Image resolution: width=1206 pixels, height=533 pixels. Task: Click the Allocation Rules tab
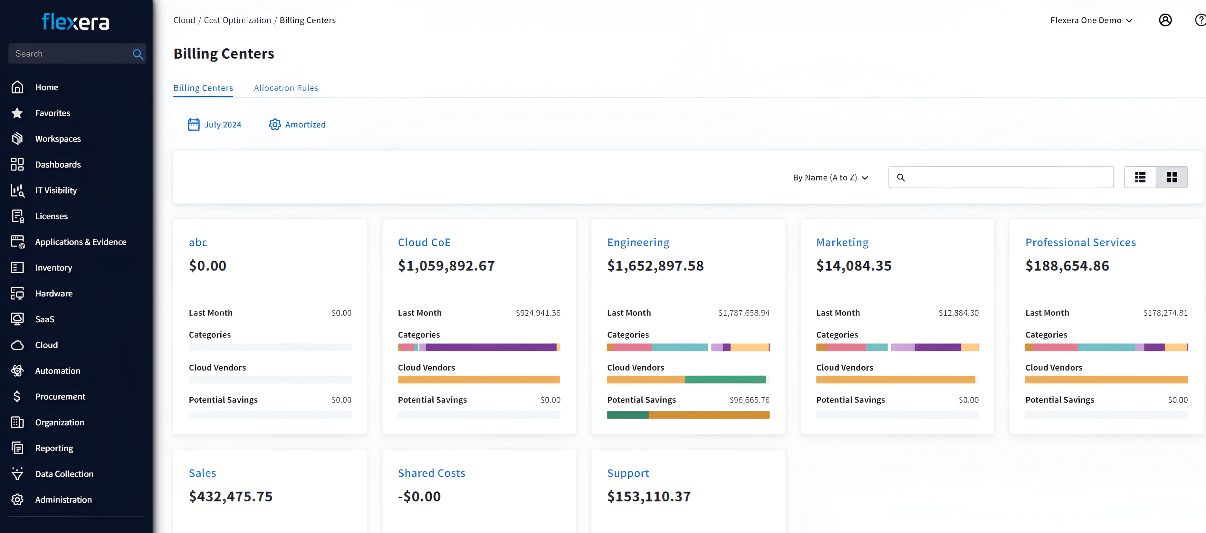[x=286, y=88]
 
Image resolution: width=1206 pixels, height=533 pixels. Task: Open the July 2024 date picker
[x=215, y=125]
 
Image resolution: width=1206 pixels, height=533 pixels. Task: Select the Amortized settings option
[x=297, y=125]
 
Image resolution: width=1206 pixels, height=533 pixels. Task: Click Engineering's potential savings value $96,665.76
[x=749, y=400]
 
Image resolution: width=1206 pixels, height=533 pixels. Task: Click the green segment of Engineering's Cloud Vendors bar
[x=725, y=379]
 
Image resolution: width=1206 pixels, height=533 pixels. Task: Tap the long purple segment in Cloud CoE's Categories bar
[x=491, y=347]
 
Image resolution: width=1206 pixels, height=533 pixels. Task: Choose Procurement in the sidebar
[x=60, y=397]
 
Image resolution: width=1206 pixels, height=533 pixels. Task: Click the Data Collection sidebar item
[x=64, y=474]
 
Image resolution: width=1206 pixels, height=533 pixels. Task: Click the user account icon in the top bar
[x=1165, y=20]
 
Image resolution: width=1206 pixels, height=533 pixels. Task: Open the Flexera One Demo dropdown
[x=1091, y=20]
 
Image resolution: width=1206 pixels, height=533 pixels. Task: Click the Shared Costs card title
[x=431, y=473]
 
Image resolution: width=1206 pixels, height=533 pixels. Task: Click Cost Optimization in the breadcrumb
[x=237, y=20]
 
